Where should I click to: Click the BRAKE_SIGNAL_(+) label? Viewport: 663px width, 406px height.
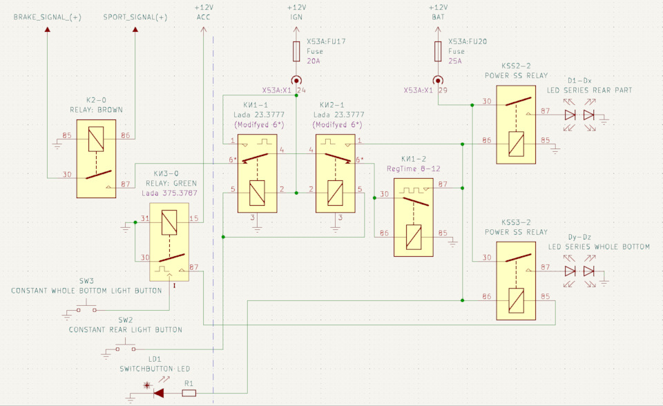click(48, 17)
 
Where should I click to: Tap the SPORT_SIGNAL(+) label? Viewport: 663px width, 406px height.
click(135, 17)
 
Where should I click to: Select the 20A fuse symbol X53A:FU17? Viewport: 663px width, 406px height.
click(296, 51)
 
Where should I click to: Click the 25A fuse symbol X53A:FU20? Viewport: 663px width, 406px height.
click(438, 51)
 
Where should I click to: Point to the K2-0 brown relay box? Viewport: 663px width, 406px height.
click(97, 159)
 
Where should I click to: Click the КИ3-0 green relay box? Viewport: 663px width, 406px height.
click(169, 242)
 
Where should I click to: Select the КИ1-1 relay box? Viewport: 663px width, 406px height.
click(258, 173)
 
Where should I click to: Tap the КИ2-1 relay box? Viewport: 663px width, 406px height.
click(336, 173)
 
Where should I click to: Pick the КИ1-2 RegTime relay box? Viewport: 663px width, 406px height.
click(414, 217)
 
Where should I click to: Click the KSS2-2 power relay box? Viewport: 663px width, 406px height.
click(516, 125)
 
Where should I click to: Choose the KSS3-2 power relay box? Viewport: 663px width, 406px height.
click(516, 281)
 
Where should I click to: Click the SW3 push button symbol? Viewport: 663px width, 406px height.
click(87, 307)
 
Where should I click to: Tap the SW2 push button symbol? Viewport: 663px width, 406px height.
click(126, 347)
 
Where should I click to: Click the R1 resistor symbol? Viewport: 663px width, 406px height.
click(189, 394)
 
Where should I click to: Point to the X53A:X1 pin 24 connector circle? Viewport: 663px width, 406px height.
click(296, 80)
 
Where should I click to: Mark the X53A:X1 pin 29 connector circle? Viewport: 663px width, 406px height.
click(438, 80)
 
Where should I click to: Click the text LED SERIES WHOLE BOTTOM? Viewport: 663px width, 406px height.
click(599, 246)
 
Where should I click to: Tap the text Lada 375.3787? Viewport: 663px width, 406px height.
click(170, 193)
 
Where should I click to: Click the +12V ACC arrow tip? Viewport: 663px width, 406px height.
click(203, 27)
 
